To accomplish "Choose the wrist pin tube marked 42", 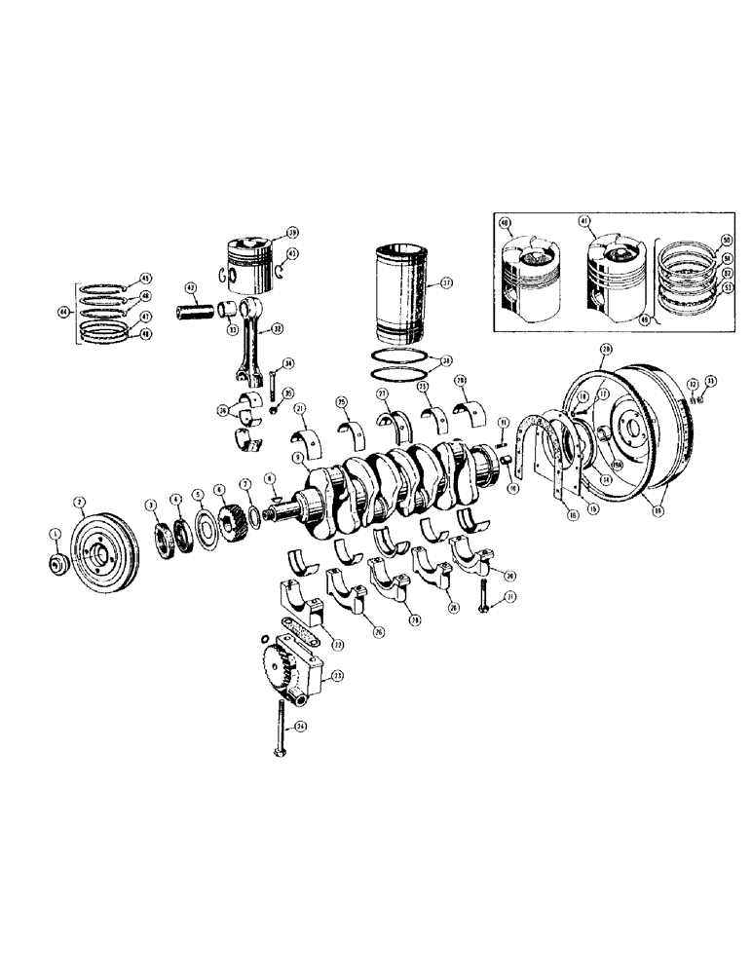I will click(199, 315).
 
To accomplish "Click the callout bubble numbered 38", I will click(446, 359).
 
